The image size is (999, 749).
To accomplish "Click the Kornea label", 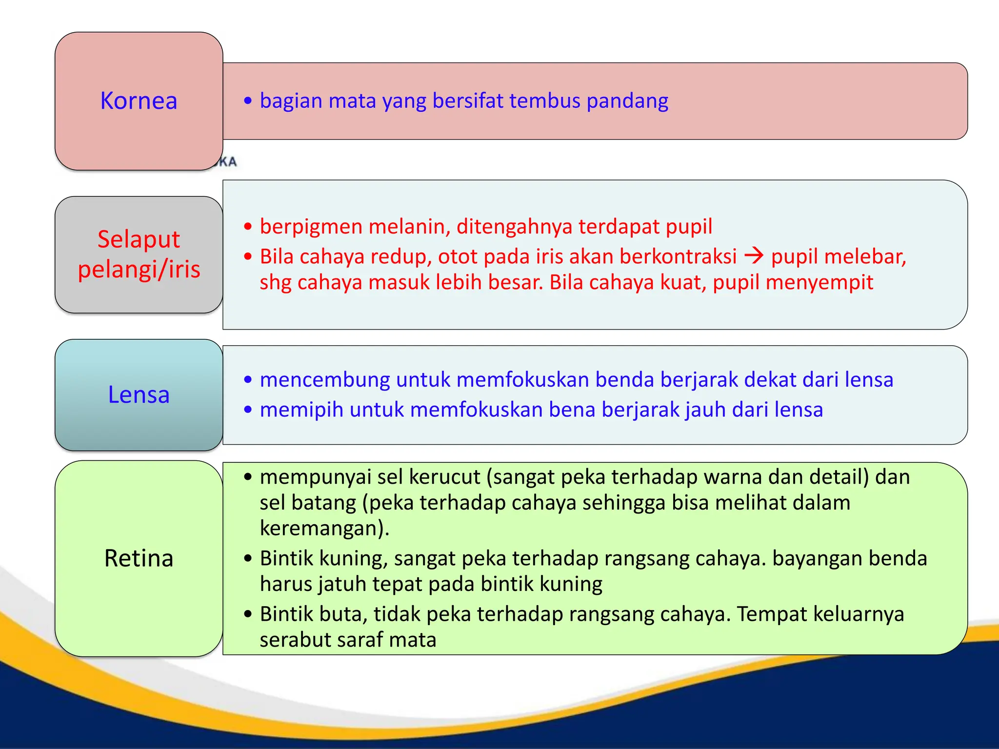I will (x=139, y=101).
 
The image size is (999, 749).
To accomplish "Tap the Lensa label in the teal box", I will (x=139, y=394).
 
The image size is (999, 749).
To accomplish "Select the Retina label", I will (x=139, y=558).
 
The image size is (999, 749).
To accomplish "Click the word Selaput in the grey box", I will (x=139, y=239).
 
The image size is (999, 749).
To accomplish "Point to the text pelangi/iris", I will (x=139, y=269).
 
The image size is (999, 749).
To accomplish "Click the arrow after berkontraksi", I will (x=754, y=256).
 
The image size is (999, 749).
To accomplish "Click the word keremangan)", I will (x=324, y=529).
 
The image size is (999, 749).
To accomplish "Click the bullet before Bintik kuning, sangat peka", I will (x=248, y=558).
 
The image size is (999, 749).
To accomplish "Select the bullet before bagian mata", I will (x=248, y=101).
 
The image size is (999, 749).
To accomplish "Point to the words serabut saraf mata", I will (x=348, y=640).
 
